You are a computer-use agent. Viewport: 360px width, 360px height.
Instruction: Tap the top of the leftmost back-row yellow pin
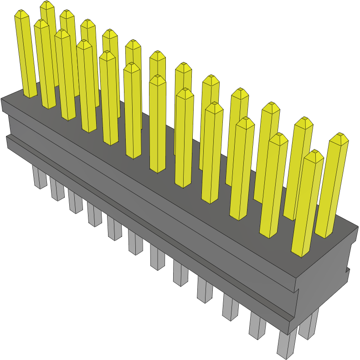click(47, 5)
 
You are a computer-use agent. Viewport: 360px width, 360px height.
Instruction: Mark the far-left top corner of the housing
click(2, 99)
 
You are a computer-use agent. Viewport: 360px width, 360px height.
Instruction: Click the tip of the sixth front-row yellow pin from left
click(132, 67)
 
